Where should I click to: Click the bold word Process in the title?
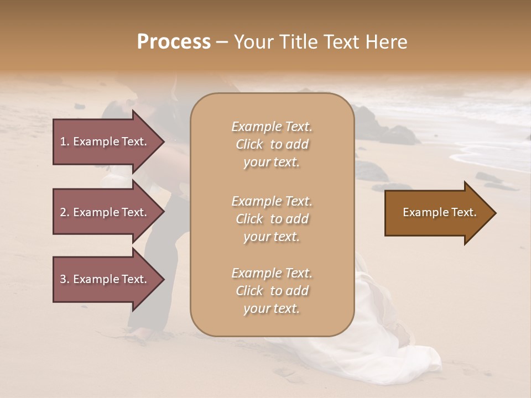[x=174, y=41]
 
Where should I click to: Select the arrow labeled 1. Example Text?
[x=105, y=142]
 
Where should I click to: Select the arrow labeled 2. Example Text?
[x=105, y=212]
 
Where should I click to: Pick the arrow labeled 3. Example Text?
[x=105, y=279]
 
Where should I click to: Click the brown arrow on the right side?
[x=437, y=212]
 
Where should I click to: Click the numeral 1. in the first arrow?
[x=64, y=142]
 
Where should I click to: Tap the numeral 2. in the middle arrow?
[x=64, y=212]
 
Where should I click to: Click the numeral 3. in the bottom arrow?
[x=64, y=279]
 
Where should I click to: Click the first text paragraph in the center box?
[x=272, y=144]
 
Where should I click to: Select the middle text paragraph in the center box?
[x=272, y=219]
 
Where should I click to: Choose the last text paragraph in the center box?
[x=272, y=291]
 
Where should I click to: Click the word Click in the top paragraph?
[x=249, y=144]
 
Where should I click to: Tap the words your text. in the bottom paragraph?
[x=272, y=308]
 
